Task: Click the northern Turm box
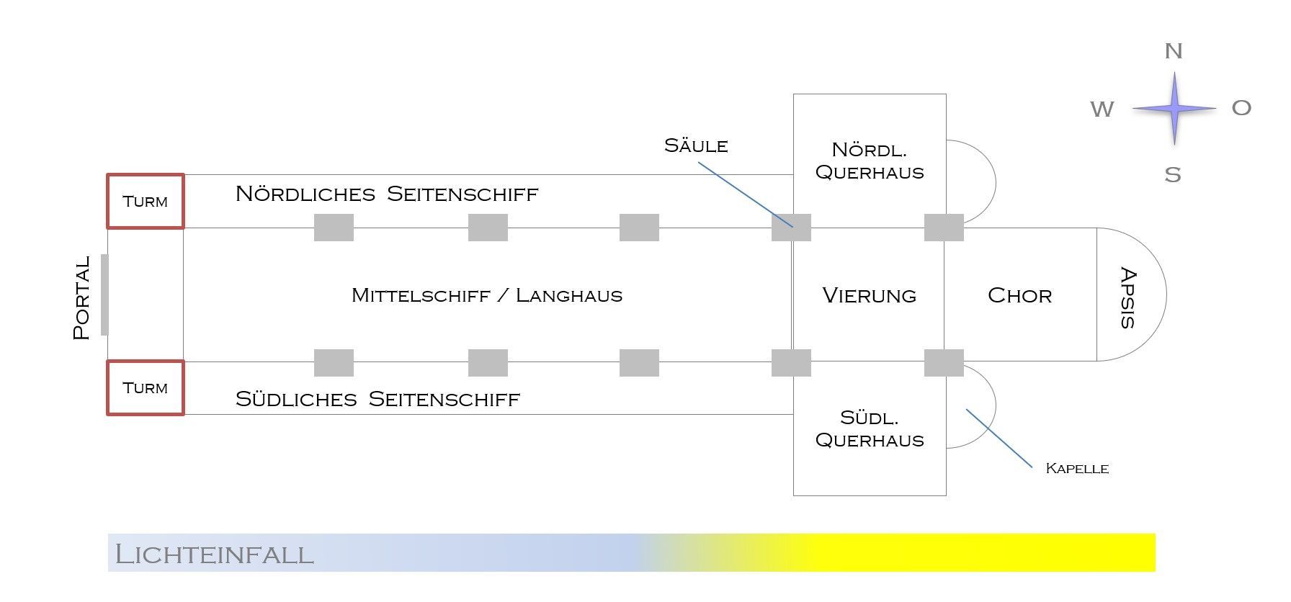tap(146, 202)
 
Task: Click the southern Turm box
tap(146, 388)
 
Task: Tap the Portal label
tap(82, 297)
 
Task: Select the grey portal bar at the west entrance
tap(104, 295)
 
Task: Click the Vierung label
tap(869, 295)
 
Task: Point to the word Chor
tap(1019, 295)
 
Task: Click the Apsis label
tap(1128, 298)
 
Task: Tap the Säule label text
tap(696, 146)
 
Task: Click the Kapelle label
tap(1076, 469)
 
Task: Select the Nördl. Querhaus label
tap(870, 161)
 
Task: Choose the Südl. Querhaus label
tap(870, 429)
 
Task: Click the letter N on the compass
tap(1174, 52)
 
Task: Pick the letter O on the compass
tap(1241, 108)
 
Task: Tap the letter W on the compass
tap(1102, 109)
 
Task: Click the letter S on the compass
tap(1173, 175)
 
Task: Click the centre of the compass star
tap(1174, 109)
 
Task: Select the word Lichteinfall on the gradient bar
tap(214, 554)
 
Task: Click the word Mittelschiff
tap(421, 295)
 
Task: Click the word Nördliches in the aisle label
tap(305, 194)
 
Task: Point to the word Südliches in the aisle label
tap(296, 400)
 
